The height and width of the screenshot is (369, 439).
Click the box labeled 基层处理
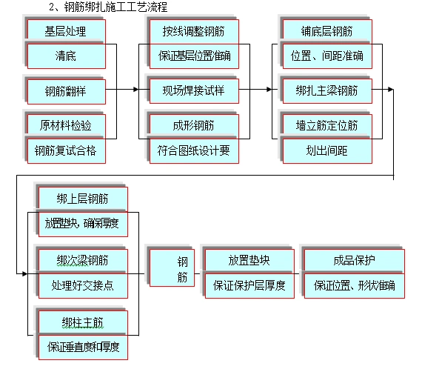tap(65, 31)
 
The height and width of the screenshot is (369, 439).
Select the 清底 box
tap(65, 56)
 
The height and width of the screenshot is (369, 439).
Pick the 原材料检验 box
tap(65, 123)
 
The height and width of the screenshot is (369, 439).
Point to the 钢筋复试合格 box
tap(65, 150)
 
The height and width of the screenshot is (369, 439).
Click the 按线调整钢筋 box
tap(194, 31)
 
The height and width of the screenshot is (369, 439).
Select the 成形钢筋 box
tap(194, 123)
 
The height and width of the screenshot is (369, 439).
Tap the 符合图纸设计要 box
tap(194, 150)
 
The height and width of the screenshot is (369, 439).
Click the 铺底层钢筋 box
tap(326, 31)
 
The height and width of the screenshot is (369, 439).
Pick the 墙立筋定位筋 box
tap(326, 123)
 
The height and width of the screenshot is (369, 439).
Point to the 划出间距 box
tap(326, 150)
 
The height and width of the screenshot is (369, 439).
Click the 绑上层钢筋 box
tap(82, 199)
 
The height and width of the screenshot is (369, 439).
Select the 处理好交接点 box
tap(82, 285)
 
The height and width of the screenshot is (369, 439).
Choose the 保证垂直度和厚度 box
tap(82, 345)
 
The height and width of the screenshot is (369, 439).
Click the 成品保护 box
tap(354, 260)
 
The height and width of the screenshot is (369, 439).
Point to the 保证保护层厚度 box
tap(249, 285)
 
